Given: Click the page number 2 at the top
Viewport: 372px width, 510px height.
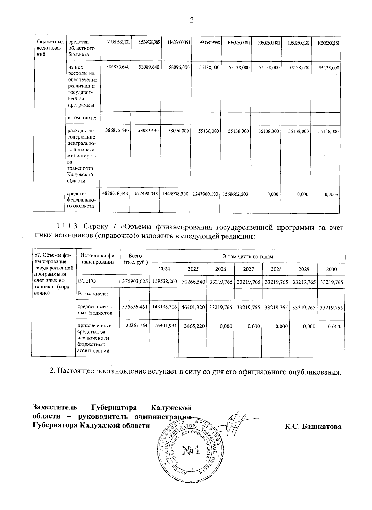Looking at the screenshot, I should tap(191, 20).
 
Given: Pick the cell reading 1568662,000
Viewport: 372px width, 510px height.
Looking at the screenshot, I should tap(235, 194).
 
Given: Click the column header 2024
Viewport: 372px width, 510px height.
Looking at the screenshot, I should tap(164, 269).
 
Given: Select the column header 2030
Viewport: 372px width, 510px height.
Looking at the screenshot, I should tap(331, 269).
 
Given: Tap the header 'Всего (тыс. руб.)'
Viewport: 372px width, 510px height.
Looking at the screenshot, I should tap(135, 259).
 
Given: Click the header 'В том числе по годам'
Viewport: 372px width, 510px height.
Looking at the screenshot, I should tap(248, 256).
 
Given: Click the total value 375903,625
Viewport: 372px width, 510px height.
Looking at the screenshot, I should tap(135, 282).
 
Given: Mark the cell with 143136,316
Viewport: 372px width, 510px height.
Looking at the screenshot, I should tap(165, 307).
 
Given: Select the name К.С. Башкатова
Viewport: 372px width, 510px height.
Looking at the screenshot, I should tap(313, 427).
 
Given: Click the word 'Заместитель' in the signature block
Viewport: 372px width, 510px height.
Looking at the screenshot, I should tap(55, 407).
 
